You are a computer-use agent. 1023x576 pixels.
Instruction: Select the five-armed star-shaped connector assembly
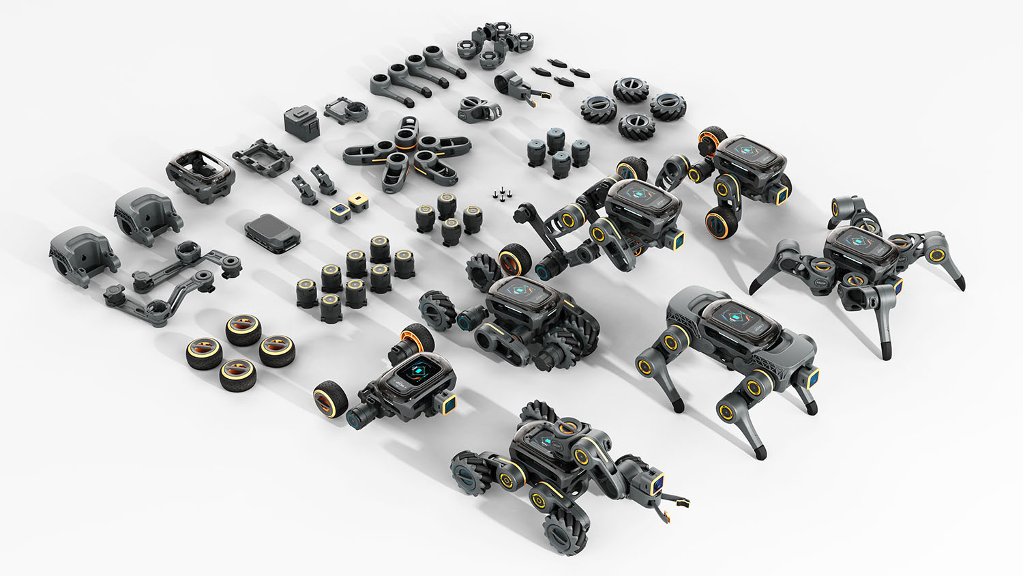point(406,151)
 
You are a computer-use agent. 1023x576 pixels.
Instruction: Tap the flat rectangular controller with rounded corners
point(272,232)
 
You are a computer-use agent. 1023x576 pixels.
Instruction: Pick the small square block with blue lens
point(340,212)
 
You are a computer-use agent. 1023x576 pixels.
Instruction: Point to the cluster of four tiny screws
point(501,194)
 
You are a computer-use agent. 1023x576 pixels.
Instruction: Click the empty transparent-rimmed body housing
point(201,173)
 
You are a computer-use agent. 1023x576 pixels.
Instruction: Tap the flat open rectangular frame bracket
point(263,157)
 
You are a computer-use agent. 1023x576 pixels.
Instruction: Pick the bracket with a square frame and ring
point(346,109)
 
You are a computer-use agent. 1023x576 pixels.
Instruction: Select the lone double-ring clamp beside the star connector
point(477,109)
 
